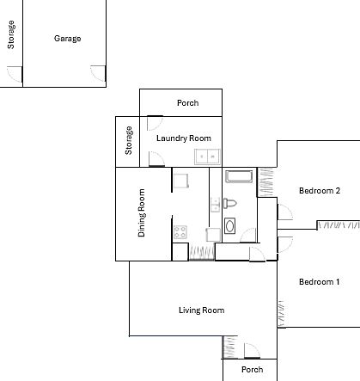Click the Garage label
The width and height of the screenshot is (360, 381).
point(67,39)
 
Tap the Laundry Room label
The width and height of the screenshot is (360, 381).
point(184,138)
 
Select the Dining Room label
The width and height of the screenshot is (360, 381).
point(142,212)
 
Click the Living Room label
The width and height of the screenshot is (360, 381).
point(202,310)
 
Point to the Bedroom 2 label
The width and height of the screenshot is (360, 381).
point(320,191)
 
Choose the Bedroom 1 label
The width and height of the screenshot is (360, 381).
point(320,282)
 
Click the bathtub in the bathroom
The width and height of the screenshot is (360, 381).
point(239,176)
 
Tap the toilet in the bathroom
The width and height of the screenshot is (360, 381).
point(230,204)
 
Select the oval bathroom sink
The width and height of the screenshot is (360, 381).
point(229,226)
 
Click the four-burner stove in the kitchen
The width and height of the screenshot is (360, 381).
point(180,232)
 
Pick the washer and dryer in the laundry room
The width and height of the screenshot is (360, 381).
point(207,157)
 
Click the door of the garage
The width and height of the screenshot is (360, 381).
point(98,73)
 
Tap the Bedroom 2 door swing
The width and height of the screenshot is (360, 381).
point(285,212)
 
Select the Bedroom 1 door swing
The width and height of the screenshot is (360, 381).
point(285,244)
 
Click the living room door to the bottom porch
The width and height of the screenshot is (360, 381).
point(252,351)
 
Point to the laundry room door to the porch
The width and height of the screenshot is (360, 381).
point(155,123)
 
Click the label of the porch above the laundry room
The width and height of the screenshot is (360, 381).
point(188,103)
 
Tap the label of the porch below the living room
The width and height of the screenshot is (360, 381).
point(253,370)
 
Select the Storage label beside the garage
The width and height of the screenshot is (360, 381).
point(11,34)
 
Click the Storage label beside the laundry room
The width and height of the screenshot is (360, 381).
point(129,140)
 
